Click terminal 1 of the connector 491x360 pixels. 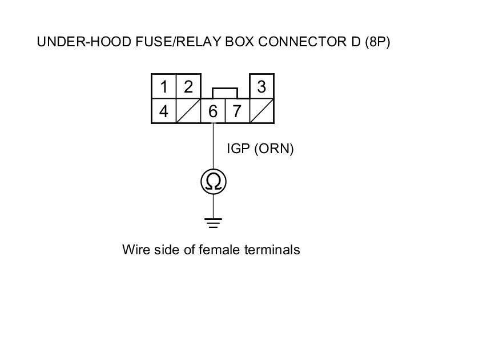pyautogui.click(x=164, y=87)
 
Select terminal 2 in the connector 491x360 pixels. pyautogui.click(x=188, y=87)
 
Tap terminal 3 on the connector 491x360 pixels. pyautogui.click(x=261, y=87)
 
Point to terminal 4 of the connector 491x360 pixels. pyautogui.click(x=164, y=111)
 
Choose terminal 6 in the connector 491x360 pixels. pyautogui.click(x=213, y=111)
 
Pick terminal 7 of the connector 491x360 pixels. pyautogui.click(x=237, y=111)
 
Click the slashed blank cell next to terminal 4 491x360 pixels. pyautogui.click(x=188, y=111)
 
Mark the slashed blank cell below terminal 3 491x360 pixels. pyautogui.click(x=261, y=111)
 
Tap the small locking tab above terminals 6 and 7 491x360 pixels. pyautogui.click(x=225, y=93)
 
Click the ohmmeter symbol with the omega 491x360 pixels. pyautogui.click(x=214, y=182)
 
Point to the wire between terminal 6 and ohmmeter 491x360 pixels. pyautogui.click(x=214, y=146)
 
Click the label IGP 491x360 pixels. pyautogui.click(x=239, y=149)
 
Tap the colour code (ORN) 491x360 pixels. pyautogui.click(x=274, y=149)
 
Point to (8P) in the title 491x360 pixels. pyautogui.click(x=377, y=42)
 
